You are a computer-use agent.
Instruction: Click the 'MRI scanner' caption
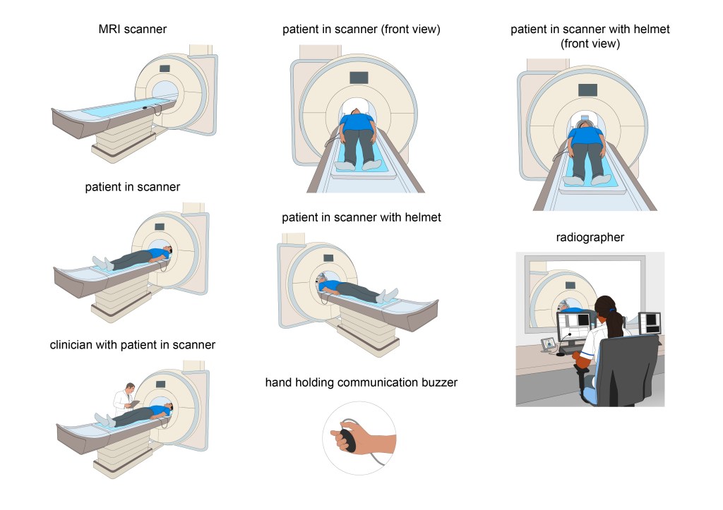point(132,29)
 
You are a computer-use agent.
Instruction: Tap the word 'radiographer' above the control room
point(590,237)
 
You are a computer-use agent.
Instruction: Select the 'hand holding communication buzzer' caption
point(361,382)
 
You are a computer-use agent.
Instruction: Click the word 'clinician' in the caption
point(70,345)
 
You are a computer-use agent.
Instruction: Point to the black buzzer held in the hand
point(347,439)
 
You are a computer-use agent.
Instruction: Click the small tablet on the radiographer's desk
point(549,344)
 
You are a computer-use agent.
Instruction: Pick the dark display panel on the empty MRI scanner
point(165,68)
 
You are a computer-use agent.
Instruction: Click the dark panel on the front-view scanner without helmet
point(359,78)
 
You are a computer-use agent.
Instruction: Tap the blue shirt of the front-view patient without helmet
point(357,123)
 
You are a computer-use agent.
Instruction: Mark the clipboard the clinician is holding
point(133,404)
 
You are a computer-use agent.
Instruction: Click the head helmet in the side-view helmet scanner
point(321,278)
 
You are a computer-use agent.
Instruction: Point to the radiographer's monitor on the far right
point(650,322)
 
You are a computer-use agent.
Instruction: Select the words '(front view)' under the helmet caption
point(590,44)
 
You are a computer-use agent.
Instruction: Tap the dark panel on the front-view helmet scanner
point(587,90)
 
